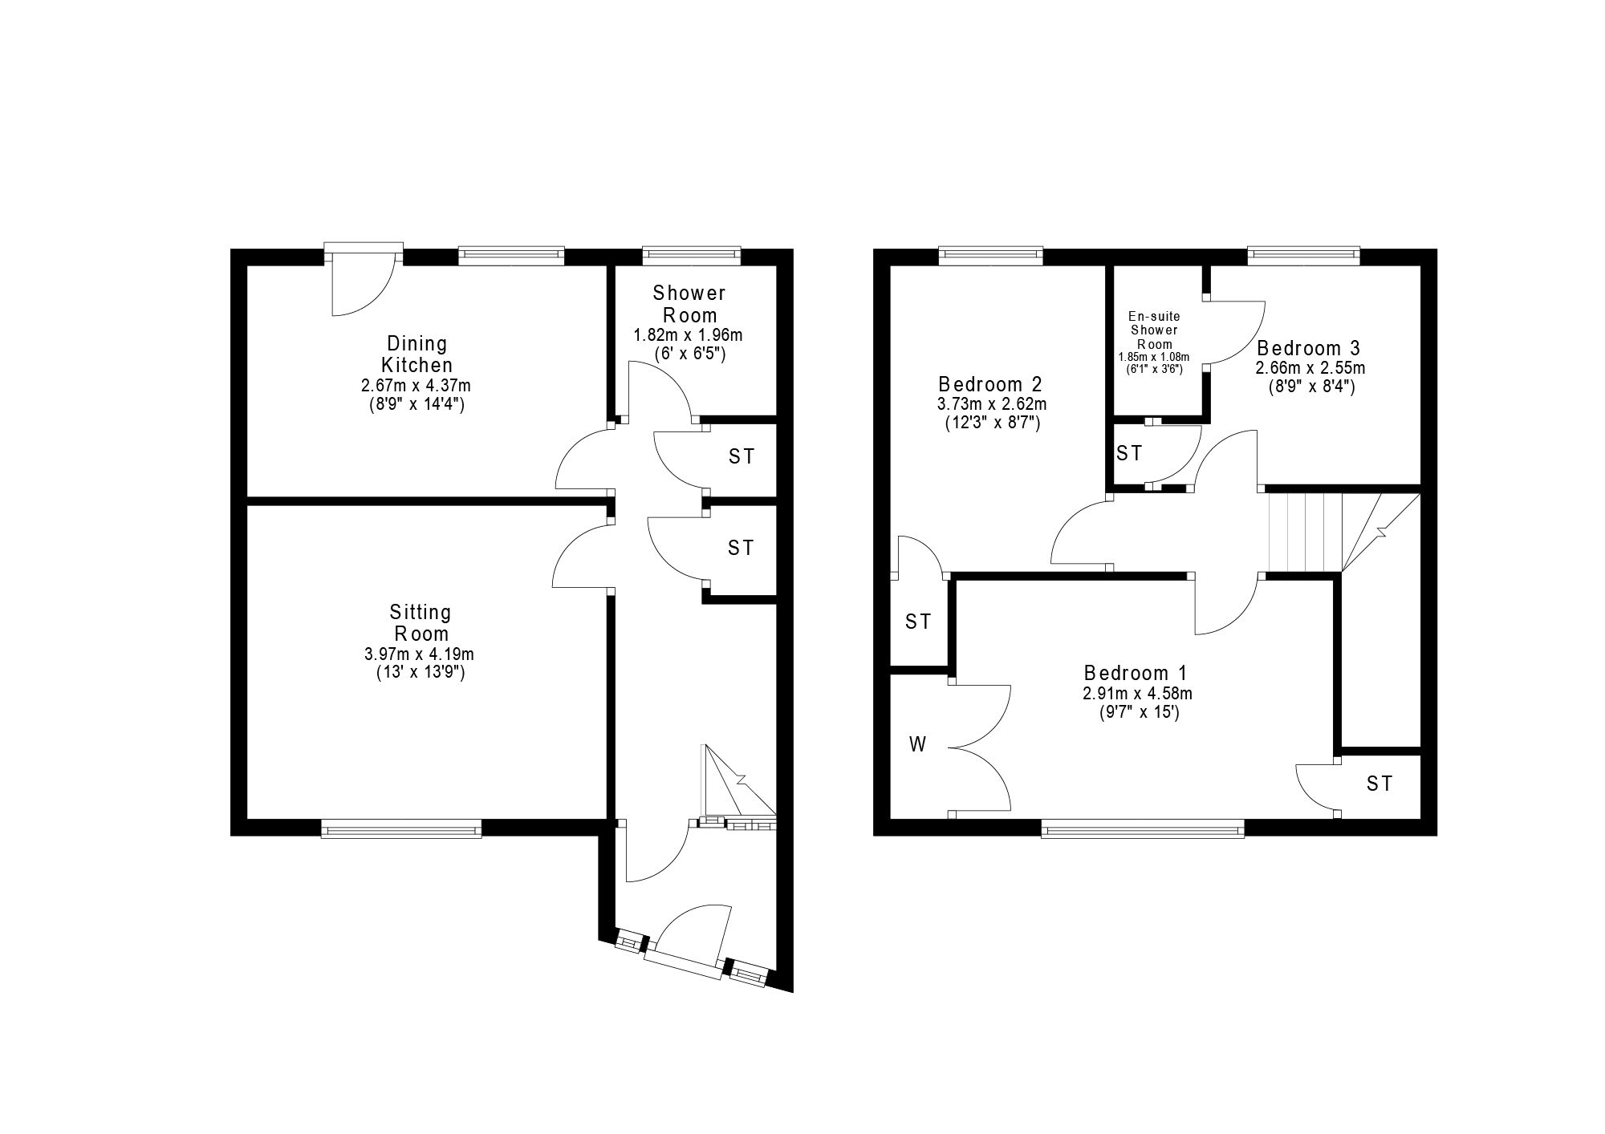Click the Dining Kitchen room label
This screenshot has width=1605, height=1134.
pyautogui.click(x=416, y=354)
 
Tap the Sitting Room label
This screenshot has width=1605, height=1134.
pyautogui.click(x=421, y=623)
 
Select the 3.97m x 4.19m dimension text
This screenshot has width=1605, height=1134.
pyautogui.click(x=419, y=655)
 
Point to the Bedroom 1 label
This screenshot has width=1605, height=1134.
pyautogui.click(x=1135, y=673)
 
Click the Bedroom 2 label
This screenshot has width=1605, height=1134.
pyautogui.click(x=991, y=383)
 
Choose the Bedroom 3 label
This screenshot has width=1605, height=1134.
pyautogui.click(x=1309, y=348)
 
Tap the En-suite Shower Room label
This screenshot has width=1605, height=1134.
pyautogui.click(x=1154, y=330)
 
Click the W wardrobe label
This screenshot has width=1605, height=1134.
pyautogui.click(x=917, y=745)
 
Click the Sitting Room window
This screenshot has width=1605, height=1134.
pyautogui.click(x=401, y=828)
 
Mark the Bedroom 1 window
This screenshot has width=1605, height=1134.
pyautogui.click(x=1143, y=828)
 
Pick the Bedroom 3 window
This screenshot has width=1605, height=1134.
pyautogui.click(x=1304, y=256)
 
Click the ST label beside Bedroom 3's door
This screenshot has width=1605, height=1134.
pyautogui.click(x=1129, y=454)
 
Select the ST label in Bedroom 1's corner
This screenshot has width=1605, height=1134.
pyautogui.click(x=1379, y=784)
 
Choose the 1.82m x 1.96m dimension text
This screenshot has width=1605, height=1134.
pyautogui.click(x=689, y=335)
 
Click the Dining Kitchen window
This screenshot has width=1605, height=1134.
pyautogui.click(x=511, y=256)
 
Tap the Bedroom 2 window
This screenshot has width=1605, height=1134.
pyautogui.click(x=991, y=256)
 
